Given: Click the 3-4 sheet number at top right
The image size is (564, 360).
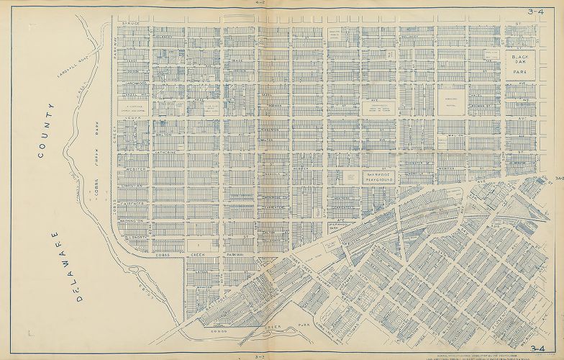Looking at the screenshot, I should click(536, 12).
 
